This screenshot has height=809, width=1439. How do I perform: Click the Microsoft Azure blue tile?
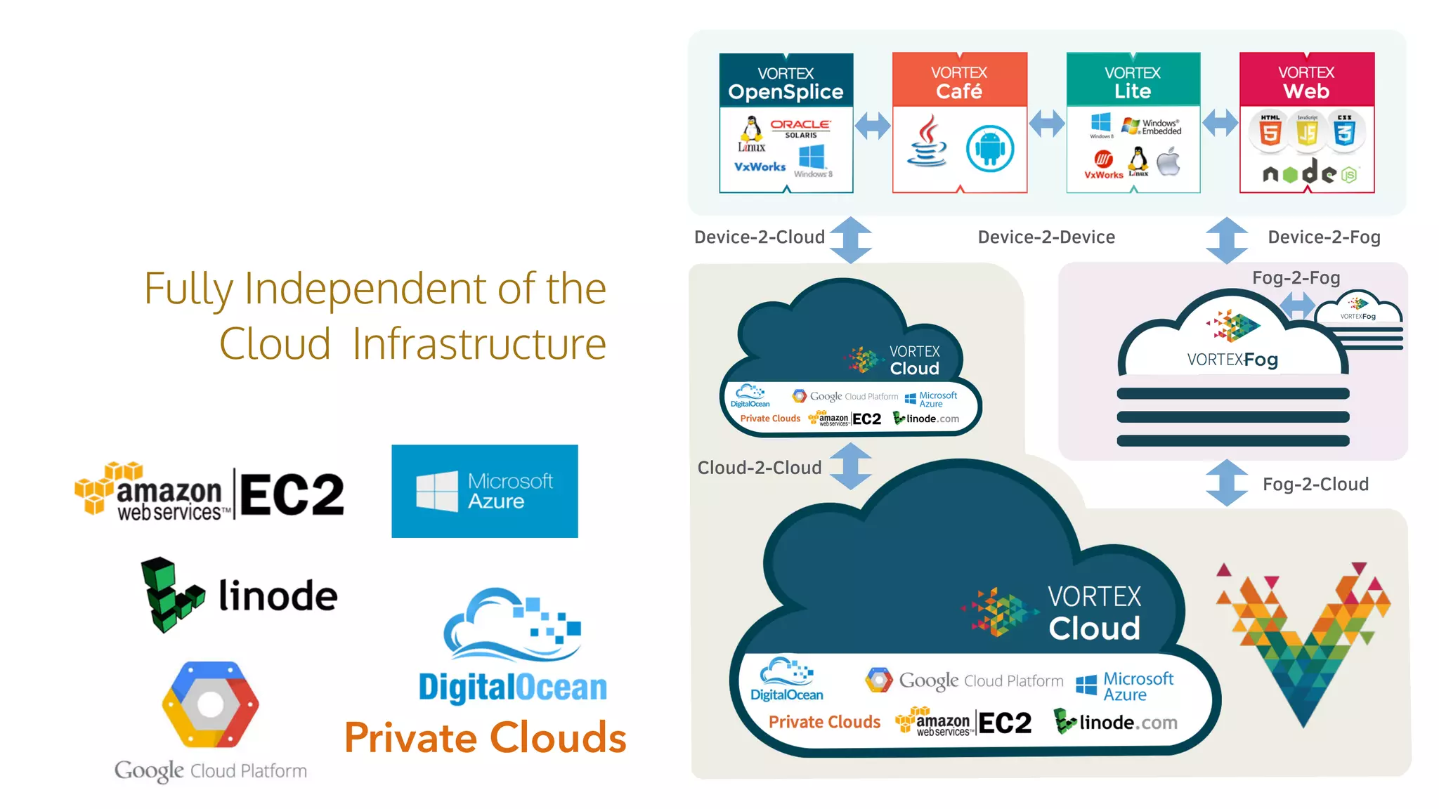click(485, 491)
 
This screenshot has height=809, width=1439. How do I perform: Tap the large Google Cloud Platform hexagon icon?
click(210, 704)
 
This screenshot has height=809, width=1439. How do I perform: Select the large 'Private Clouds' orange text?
click(485, 738)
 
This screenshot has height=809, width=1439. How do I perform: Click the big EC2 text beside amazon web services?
click(292, 494)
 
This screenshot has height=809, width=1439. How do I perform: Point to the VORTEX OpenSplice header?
click(786, 83)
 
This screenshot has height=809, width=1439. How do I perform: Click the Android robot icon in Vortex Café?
click(989, 149)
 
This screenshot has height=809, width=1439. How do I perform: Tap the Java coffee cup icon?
click(927, 142)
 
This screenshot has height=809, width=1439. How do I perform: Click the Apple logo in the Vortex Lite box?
click(1168, 162)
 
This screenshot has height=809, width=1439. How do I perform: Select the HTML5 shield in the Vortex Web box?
click(1270, 131)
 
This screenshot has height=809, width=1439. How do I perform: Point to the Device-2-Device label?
click(1046, 237)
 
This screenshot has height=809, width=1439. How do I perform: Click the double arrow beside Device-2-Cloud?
click(851, 240)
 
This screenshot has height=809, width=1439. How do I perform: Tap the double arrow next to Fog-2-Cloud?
click(1227, 483)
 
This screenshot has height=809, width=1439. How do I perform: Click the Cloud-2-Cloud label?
click(759, 468)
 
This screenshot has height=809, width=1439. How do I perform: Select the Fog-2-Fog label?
click(1296, 278)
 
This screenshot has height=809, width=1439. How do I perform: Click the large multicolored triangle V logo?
click(1303, 639)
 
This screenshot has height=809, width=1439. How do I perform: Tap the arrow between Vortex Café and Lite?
click(1047, 124)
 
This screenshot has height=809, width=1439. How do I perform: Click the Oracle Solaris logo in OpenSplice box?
click(800, 128)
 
